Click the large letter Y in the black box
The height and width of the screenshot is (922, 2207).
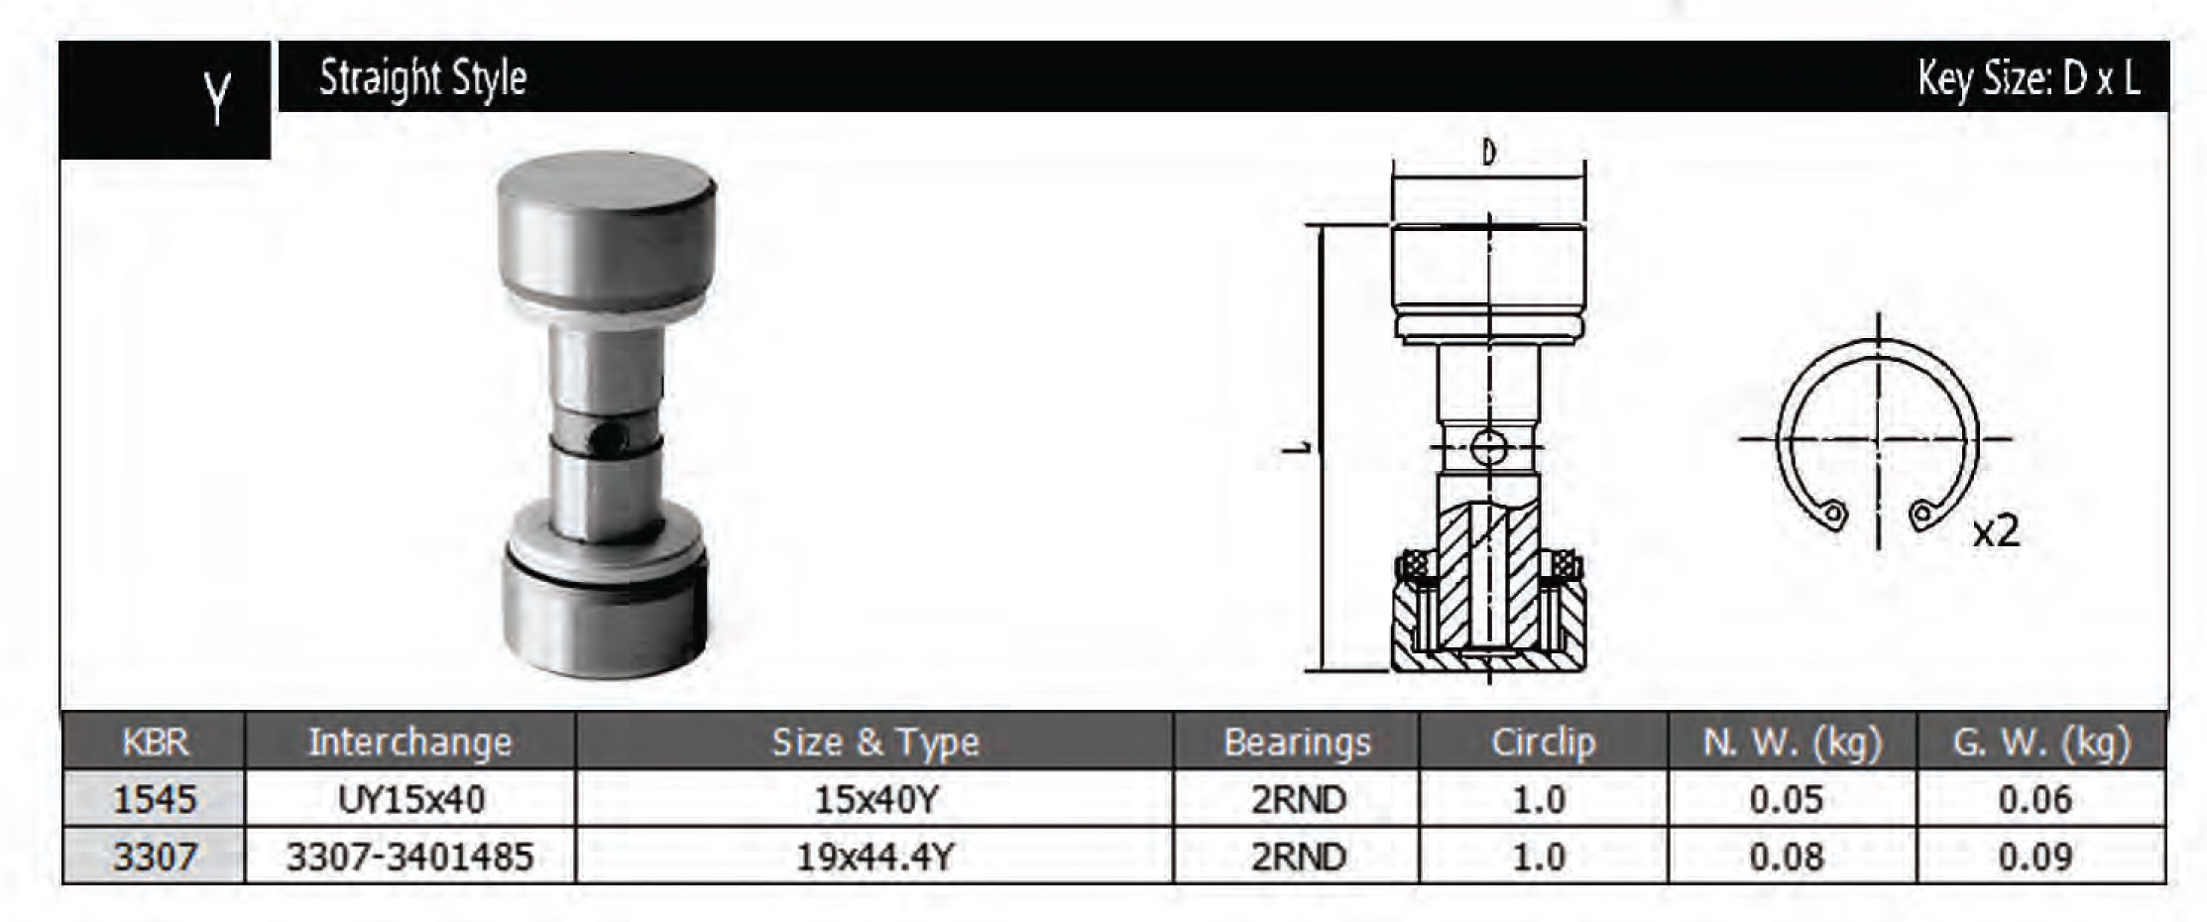tap(218, 97)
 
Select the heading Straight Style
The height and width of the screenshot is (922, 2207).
tap(422, 78)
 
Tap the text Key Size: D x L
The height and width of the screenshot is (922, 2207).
tap(2028, 78)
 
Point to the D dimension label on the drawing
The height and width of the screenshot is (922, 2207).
tap(1488, 153)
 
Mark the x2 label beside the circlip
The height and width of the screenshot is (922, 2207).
tap(1996, 531)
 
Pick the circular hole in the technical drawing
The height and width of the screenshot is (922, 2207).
tap(1488, 447)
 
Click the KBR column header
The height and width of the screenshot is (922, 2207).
tap(155, 742)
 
